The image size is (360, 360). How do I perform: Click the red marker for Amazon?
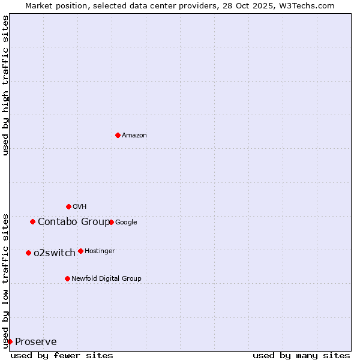(118, 135)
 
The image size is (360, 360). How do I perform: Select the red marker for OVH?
(68, 206)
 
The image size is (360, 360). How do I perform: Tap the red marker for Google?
(111, 222)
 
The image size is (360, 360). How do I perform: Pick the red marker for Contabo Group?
(32, 221)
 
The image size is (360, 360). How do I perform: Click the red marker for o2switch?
(28, 253)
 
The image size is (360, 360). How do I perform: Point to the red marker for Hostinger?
(80, 251)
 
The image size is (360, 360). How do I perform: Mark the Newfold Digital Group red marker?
(67, 278)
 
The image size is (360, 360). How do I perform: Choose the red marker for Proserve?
(10, 341)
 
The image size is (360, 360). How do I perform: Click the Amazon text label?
(134, 136)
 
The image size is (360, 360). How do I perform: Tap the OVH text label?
(80, 207)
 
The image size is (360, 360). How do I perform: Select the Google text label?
(126, 223)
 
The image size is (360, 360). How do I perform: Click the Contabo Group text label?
(74, 222)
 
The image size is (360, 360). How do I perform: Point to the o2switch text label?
(55, 253)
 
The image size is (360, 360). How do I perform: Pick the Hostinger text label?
(100, 251)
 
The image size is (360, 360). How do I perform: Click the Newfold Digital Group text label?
(106, 279)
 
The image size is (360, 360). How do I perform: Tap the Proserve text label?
(36, 342)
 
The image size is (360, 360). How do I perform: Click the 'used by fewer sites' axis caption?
(62, 355)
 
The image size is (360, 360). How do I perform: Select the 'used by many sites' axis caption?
(301, 355)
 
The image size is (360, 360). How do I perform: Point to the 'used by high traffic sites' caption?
(5, 85)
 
